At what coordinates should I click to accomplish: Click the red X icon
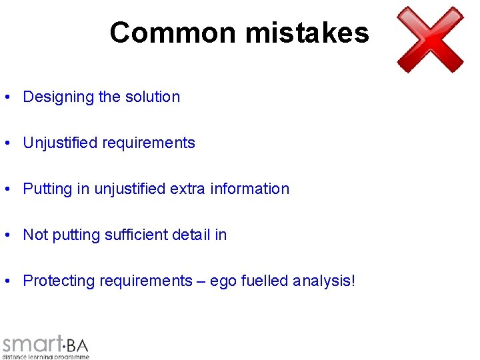point(430,39)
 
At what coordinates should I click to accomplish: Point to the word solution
point(153,97)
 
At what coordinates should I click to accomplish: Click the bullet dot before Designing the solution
point(6,97)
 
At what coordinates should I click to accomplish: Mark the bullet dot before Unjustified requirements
point(6,143)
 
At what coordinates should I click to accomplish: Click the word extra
point(187,189)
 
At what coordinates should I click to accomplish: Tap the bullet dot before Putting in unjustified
point(6,189)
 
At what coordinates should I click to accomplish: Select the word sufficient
point(137,235)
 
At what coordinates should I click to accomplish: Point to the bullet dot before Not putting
point(6,235)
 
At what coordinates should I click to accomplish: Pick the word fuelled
point(265,281)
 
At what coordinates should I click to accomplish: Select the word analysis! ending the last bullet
point(324,281)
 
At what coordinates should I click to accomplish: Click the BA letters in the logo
point(77,345)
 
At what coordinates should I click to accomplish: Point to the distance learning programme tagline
point(45,357)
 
